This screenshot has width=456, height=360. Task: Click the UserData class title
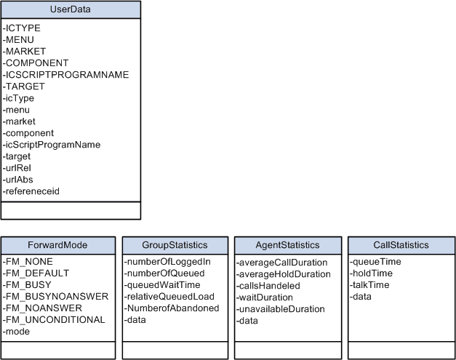pos(71,10)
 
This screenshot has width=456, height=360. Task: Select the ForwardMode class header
pos(58,245)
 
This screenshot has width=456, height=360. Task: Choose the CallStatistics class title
pos(401,245)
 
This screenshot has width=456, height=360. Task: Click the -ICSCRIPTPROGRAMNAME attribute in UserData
pos(66,74)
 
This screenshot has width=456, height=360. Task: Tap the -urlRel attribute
pos(18,168)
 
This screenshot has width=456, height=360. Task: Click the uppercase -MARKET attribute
pos(25,51)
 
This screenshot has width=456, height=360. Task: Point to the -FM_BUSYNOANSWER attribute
pos(55,296)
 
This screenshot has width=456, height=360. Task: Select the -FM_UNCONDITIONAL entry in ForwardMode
pos(54,319)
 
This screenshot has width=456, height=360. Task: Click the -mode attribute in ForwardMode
pos(17,331)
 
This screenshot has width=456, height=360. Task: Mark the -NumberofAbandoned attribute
pos(172,308)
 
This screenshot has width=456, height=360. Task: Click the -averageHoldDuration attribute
pos(284,274)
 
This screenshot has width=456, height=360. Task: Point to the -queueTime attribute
pos(375,261)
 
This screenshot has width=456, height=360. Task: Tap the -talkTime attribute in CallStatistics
pos(370,284)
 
